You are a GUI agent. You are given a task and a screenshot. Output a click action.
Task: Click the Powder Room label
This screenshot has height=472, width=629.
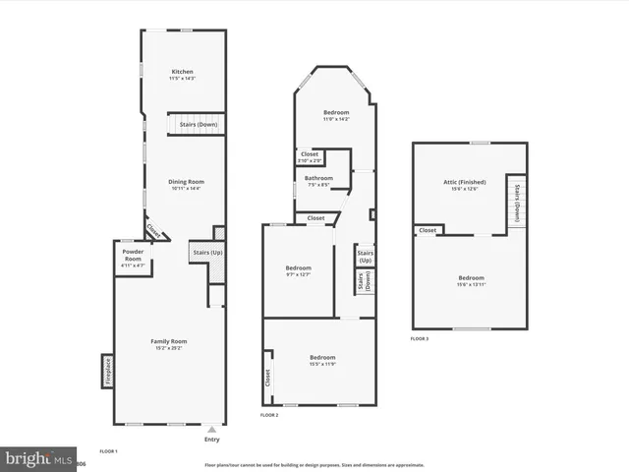pyautogui.click(x=133, y=261)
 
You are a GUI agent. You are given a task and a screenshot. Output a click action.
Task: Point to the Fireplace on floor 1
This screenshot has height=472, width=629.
pyautogui.click(x=106, y=371)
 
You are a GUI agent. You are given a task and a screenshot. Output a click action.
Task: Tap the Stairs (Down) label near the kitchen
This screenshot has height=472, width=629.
pyautogui.click(x=200, y=125)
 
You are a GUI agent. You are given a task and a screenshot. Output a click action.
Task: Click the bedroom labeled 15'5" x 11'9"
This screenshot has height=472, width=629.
pyautogui.click(x=322, y=359)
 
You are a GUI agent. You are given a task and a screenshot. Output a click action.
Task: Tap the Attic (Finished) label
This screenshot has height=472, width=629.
pyautogui.click(x=463, y=184)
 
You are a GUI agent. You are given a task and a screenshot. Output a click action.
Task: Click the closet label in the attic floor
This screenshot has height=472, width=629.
pyautogui.click(x=428, y=230)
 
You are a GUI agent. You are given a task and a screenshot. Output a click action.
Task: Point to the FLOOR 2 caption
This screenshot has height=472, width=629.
pyautogui.click(x=269, y=416)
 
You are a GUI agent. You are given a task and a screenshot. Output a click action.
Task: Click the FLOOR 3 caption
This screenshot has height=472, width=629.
pyautogui.click(x=420, y=338)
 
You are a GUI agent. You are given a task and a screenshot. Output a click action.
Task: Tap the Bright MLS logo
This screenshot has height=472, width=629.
pyautogui.click(x=39, y=458)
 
